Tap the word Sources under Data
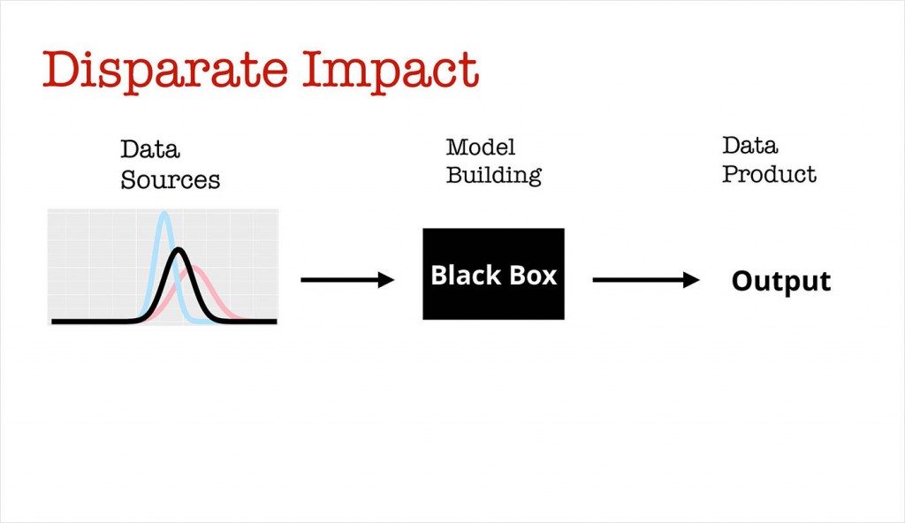pos(170,180)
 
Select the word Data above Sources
pos(150,149)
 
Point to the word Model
pos(481,147)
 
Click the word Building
pos(493,175)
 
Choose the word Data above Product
pos(750,145)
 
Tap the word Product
pos(769,174)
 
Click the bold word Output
pos(781,281)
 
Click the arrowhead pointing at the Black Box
pos(387,280)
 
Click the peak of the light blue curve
pos(164,214)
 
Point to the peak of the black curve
pos(179,250)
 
